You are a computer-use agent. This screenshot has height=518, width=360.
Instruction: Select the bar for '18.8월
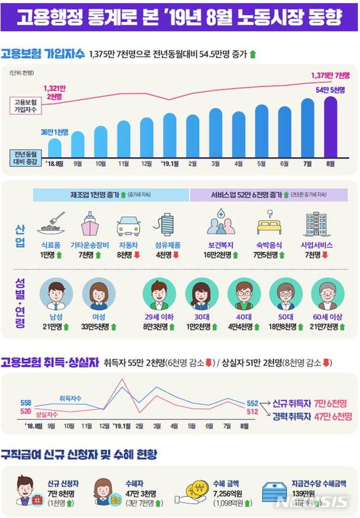(x=55, y=148)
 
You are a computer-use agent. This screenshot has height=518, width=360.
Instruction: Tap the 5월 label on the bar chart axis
(x=261, y=164)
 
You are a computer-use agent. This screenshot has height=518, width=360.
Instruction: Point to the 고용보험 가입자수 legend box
(x=26, y=105)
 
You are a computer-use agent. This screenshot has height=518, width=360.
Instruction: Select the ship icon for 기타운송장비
(x=90, y=224)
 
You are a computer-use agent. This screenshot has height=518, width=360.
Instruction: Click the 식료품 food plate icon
(x=51, y=224)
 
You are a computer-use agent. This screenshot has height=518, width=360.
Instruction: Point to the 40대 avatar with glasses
(x=244, y=294)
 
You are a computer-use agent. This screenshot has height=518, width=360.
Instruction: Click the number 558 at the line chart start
(x=26, y=403)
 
